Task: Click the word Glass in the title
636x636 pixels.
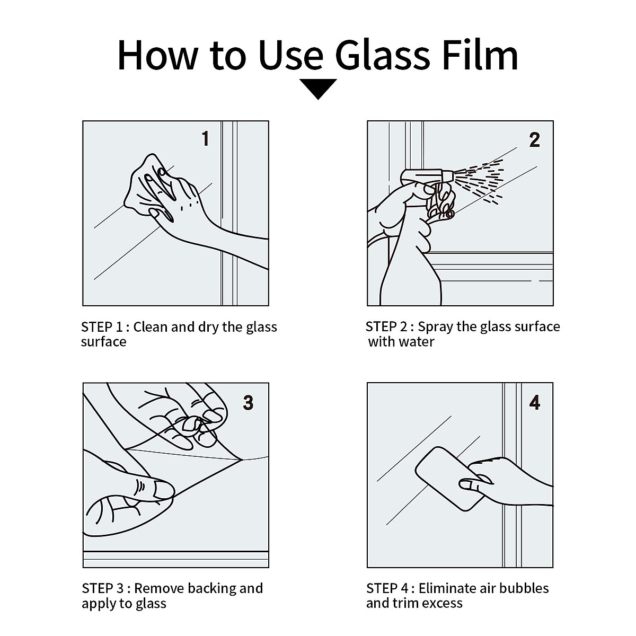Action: [x=383, y=55]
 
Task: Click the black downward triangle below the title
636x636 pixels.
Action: [x=318, y=89]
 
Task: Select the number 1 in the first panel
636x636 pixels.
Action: [x=205, y=138]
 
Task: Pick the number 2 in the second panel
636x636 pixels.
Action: [x=534, y=139]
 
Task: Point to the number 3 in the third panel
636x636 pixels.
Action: [x=248, y=403]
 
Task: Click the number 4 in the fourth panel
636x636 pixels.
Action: [x=534, y=403]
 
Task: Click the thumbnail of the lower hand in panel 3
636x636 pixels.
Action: [x=163, y=490]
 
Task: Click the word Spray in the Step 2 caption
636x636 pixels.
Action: [x=436, y=327]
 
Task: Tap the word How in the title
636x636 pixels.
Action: [x=158, y=55]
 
